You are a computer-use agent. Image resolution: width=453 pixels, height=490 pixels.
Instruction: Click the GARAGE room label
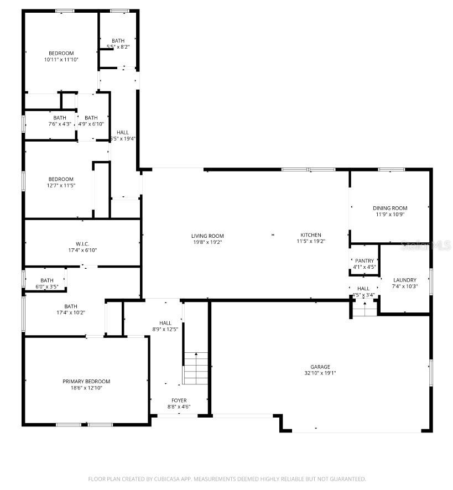point(320,367)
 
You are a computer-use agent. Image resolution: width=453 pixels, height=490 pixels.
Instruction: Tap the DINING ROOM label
point(390,208)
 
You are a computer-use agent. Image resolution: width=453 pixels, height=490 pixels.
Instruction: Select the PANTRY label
point(365,260)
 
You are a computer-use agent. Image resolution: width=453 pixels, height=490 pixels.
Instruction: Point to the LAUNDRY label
point(405,280)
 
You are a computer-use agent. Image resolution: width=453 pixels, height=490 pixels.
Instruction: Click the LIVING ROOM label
point(207,236)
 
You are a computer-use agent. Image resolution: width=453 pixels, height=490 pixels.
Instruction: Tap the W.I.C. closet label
point(82,243)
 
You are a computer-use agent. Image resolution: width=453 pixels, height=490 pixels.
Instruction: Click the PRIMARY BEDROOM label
point(86,381)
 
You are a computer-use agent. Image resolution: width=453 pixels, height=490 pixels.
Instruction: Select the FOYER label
point(179,400)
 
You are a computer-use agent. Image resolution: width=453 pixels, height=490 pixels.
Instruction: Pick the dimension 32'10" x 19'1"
point(320,373)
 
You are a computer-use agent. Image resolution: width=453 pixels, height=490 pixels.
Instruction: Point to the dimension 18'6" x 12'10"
point(86,388)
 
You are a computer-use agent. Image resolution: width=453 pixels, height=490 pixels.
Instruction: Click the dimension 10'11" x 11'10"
point(61,59)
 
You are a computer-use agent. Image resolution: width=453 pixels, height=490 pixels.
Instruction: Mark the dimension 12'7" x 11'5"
point(61,185)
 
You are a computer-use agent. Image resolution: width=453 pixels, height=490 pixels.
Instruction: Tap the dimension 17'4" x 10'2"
point(71,312)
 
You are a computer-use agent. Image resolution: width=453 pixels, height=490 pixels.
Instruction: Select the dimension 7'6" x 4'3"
point(60,124)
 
